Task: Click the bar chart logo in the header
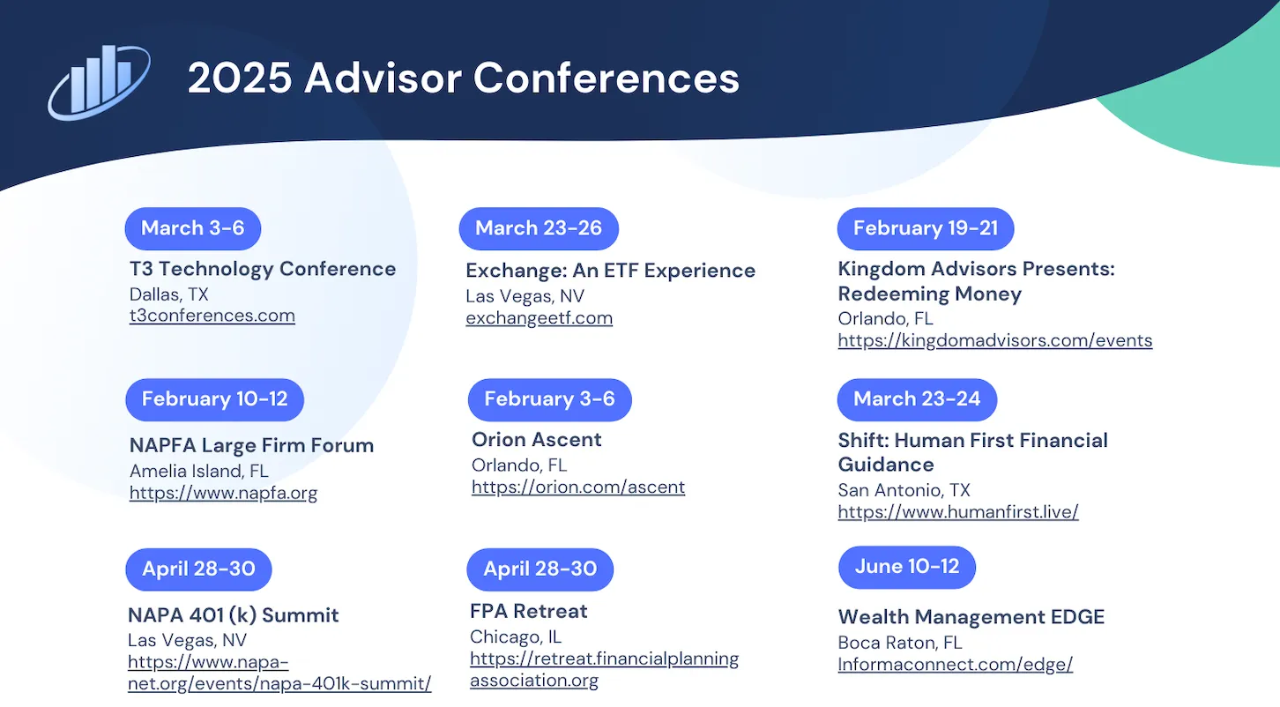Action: (x=100, y=82)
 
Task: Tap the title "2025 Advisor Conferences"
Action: (x=464, y=78)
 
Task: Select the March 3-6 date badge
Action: (x=193, y=228)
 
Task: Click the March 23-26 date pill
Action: (x=539, y=228)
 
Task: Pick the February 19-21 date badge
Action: (x=926, y=228)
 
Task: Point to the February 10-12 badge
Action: (x=215, y=399)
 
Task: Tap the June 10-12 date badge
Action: (x=907, y=567)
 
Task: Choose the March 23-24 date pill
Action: (x=917, y=399)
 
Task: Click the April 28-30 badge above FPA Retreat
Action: (x=540, y=569)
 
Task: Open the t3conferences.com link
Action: (x=212, y=316)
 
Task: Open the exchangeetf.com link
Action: (x=539, y=317)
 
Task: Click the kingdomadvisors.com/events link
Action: (x=995, y=340)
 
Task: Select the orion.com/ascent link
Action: (x=578, y=487)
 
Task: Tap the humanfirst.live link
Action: (x=958, y=511)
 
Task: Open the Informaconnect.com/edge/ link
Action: (x=956, y=664)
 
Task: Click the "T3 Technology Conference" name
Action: (x=263, y=269)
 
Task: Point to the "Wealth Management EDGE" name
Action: (x=971, y=617)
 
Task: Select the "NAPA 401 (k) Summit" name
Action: (x=233, y=615)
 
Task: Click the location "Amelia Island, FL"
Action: (x=199, y=471)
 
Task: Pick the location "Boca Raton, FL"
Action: (x=900, y=643)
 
